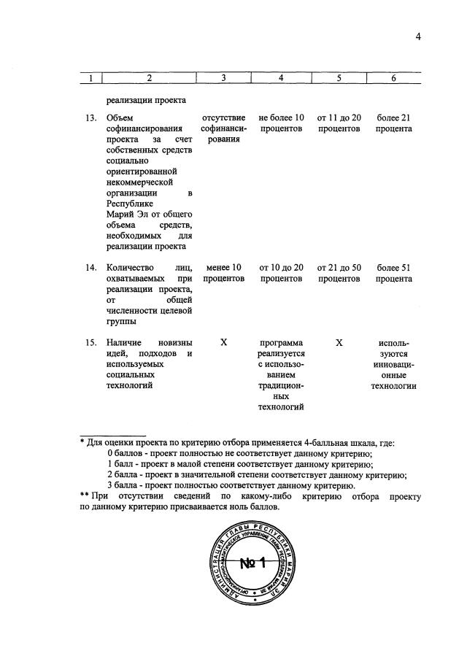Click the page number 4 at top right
[x=419, y=39]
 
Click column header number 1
[x=90, y=79]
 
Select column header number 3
[x=224, y=79]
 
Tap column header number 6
[x=393, y=79]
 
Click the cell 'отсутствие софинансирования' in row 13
[x=224, y=128]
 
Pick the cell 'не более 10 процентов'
[x=281, y=123]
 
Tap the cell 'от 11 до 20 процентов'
[x=339, y=123]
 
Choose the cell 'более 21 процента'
[x=393, y=123]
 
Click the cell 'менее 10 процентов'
[x=224, y=273]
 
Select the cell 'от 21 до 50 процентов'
[x=339, y=273]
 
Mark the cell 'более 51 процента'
[x=393, y=273]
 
